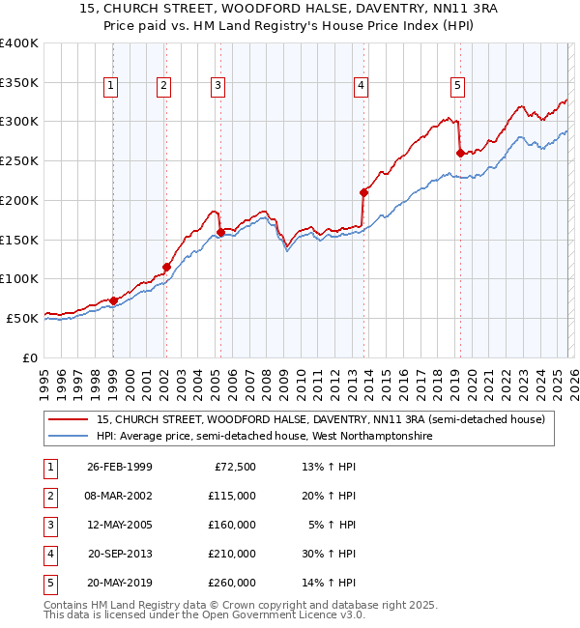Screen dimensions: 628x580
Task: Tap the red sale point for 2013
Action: [x=363, y=192]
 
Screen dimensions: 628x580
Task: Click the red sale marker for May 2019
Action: [x=460, y=153]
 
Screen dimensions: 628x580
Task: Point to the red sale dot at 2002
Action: [x=166, y=267]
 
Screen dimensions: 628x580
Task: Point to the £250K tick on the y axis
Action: [x=19, y=160]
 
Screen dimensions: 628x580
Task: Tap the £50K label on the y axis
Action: [x=22, y=317]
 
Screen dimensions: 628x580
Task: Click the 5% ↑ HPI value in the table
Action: [x=331, y=525]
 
